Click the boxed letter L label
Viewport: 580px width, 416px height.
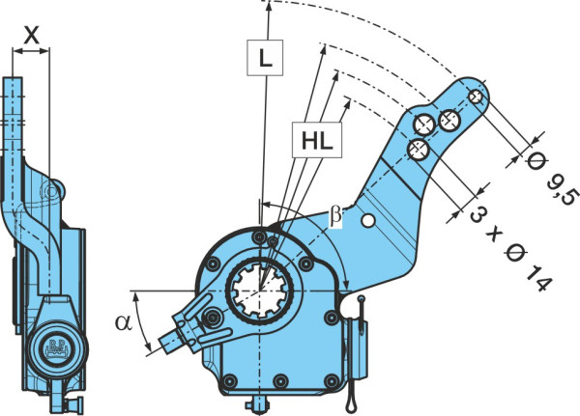(x=265, y=58)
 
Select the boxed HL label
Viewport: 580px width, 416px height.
(x=317, y=140)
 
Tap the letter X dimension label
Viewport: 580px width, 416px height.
(x=31, y=36)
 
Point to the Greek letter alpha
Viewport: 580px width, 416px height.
(x=123, y=321)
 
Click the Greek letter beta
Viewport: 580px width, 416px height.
(x=335, y=216)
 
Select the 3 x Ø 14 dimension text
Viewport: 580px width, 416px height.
(x=510, y=247)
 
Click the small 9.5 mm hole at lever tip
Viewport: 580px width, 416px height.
(x=476, y=97)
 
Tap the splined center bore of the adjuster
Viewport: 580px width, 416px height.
(x=261, y=289)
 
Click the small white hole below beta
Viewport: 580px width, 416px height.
(x=367, y=221)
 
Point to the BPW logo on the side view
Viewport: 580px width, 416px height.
(x=57, y=348)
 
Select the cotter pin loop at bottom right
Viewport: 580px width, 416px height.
(x=351, y=402)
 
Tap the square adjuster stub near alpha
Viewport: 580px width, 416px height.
(x=168, y=341)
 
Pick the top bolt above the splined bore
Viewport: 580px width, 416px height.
(x=260, y=236)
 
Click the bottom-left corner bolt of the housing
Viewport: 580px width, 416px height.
(x=230, y=380)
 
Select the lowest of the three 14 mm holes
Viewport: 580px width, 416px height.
(x=419, y=150)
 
